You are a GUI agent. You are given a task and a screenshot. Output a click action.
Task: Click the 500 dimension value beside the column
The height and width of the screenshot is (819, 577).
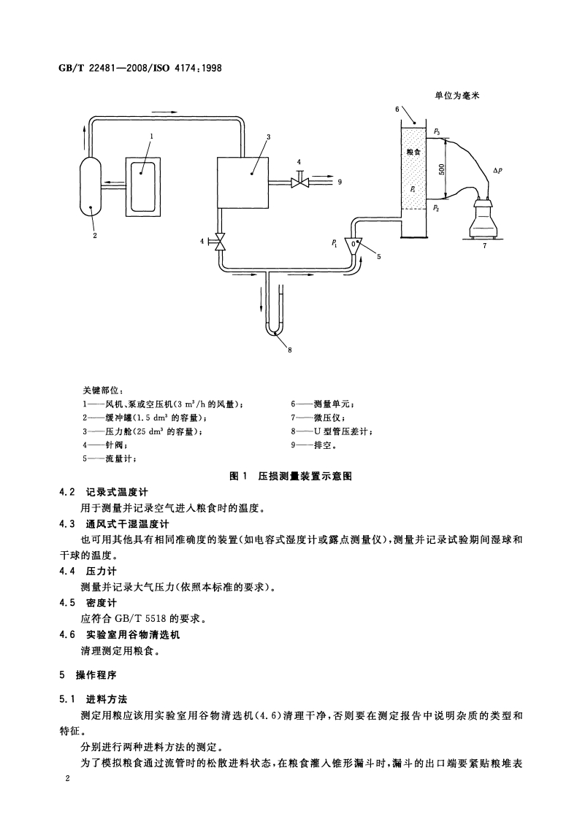[x=442, y=169]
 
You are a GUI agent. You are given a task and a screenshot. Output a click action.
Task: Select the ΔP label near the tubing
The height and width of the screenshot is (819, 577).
[x=497, y=170]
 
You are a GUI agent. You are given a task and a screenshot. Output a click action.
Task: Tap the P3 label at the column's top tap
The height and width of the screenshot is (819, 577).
[x=436, y=131]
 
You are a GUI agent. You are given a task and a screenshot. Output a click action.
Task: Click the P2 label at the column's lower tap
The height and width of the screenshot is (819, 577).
[x=436, y=208]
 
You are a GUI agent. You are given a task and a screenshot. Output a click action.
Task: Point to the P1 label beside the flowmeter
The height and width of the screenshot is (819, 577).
[x=334, y=243]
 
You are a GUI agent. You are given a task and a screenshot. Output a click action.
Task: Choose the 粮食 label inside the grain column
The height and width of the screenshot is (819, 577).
[x=413, y=153]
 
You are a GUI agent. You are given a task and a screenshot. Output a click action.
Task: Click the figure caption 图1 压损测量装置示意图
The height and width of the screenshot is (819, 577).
[x=291, y=475]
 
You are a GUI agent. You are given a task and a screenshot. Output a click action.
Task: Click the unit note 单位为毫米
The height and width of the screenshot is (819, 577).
[x=459, y=96]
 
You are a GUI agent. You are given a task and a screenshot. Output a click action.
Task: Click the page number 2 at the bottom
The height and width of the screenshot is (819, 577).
[x=67, y=780]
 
